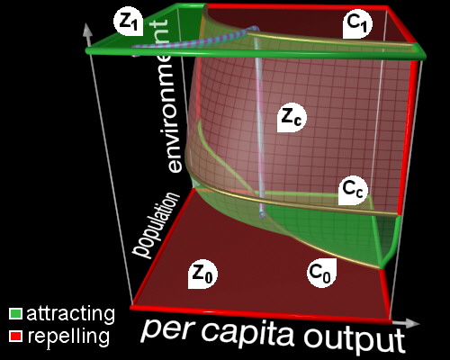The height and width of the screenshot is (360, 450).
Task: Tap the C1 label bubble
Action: click(x=357, y=24)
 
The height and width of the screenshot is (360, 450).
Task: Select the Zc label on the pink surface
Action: click(x=292, y=118)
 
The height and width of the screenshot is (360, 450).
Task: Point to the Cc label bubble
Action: click(x=354, y=190)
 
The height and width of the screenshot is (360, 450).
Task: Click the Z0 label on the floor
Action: click(x=202, y=274)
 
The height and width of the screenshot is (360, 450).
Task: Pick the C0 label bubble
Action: click(x=321, y=273)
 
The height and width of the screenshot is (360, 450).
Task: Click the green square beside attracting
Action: click(x=15, y=313)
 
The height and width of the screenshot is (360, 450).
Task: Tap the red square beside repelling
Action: click(x=15, y=336)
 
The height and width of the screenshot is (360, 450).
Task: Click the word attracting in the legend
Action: click(x=71, y=314)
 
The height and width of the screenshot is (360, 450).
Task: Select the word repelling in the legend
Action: click(x=68, y=337)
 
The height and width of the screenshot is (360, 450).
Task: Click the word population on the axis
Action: click(x=156, y=225)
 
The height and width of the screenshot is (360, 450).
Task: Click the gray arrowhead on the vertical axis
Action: click(x=87, y=30)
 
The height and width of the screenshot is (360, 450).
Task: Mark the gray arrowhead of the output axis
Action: click(x=411, y=322)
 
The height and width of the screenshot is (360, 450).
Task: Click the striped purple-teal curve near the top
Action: click(x=195, y=39)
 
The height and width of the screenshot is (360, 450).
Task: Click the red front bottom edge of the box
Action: click(x=261, y=314)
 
